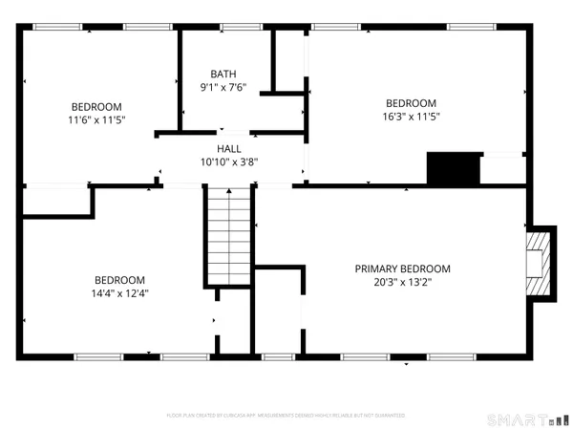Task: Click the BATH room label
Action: [223, 74]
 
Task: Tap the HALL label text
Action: [229, 148]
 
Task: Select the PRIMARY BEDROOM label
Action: [402, 269]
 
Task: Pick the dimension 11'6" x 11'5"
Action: [95, 119]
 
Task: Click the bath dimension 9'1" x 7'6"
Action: [223, 87]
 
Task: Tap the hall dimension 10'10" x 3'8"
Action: [229, 161]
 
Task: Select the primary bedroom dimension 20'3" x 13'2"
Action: [402, 282]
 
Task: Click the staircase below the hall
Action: [229, 234]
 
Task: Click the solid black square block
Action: [451, 170]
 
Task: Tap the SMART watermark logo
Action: [516, 419]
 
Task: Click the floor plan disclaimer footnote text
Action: [286, 416]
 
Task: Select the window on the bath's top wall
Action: [224, 27]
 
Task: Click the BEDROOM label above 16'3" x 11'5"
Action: [411, 103]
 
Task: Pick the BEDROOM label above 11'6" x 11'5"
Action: [95, 106]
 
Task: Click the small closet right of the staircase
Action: [278, 311]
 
